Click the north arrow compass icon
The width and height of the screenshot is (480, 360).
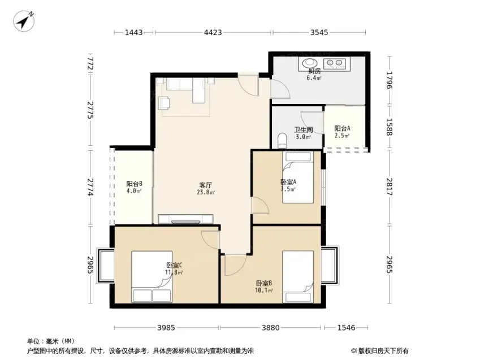pos(24,21)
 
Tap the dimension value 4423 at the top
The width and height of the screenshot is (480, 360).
pos(213,32)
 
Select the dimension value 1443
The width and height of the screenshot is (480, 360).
pos(134,32)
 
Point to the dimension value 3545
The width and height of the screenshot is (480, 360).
pos(319,32)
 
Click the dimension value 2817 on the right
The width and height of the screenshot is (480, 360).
pos(389,186)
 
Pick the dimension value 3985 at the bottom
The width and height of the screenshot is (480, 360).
pos(166,328)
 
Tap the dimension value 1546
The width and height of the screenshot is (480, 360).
pos(346,328)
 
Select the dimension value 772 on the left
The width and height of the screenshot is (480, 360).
pos(90,64)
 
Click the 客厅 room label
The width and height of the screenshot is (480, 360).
pos(206,185)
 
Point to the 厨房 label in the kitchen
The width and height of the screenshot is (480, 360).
pos(314,71)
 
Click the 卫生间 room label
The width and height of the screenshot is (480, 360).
pos(303,130)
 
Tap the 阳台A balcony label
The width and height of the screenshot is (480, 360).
pos(342,129)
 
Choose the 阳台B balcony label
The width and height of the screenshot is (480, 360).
pos(134,184)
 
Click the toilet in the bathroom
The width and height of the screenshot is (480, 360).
pos(282,141)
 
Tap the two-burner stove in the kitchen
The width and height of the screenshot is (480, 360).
pos(335,63)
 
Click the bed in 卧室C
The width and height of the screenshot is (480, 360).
pos(152,277)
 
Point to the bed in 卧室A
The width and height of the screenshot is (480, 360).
pos(298,177)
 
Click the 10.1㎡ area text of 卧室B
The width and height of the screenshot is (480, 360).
pos(264,290)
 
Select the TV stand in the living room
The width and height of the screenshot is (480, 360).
pos(185,219)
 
